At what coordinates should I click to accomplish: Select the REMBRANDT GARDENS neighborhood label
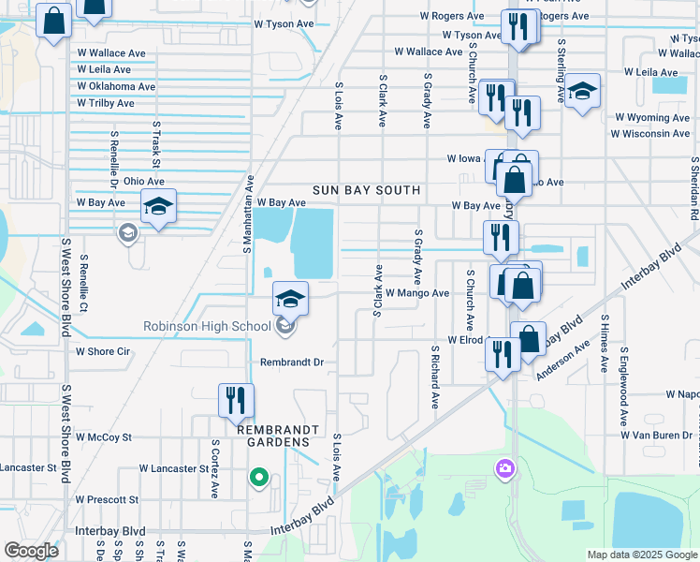click(x=273, y=435)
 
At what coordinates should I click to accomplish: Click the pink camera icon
click(x=505, y=466)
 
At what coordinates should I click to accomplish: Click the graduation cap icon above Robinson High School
click(x=290, y=299)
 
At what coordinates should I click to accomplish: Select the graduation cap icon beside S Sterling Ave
click(x=582, y=92)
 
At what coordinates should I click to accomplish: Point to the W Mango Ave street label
click(x=416, y=293)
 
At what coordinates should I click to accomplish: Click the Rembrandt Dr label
click(x=291, y=362)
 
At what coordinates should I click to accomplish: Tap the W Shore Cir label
click(x=103, y=352)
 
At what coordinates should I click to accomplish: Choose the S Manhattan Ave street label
click(x=249, y=214)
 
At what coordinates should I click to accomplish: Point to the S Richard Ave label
click(x=435, y=377)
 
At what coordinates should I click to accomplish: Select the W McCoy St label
click(x=104, y=437)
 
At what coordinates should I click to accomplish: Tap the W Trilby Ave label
click(x=117, y=102)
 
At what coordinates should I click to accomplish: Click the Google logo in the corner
click(x=31, y=551)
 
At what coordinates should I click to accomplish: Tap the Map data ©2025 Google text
click(x=641, y=555)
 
